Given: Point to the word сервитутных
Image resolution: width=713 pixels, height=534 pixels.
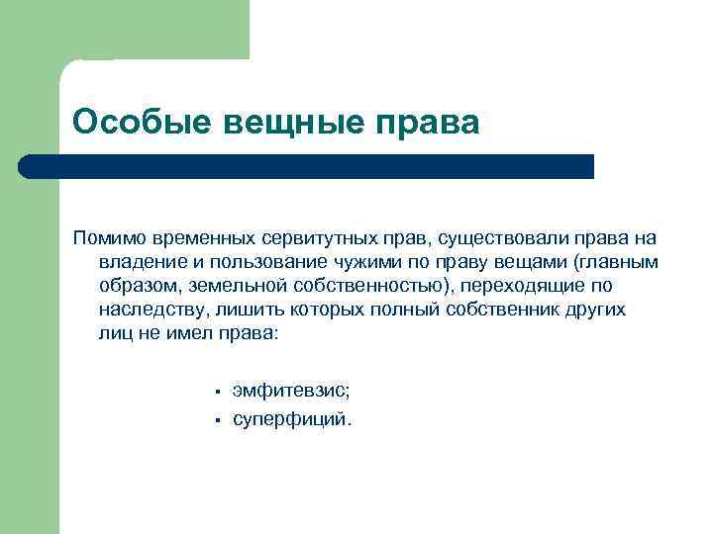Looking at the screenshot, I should (x=313, y=238).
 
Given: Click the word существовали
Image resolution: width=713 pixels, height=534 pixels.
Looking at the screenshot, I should (x=476, y=238).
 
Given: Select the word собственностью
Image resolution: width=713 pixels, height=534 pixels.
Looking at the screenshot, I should (x=360, y=286).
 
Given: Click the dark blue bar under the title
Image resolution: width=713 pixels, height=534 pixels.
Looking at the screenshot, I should (x=307, y=166).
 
